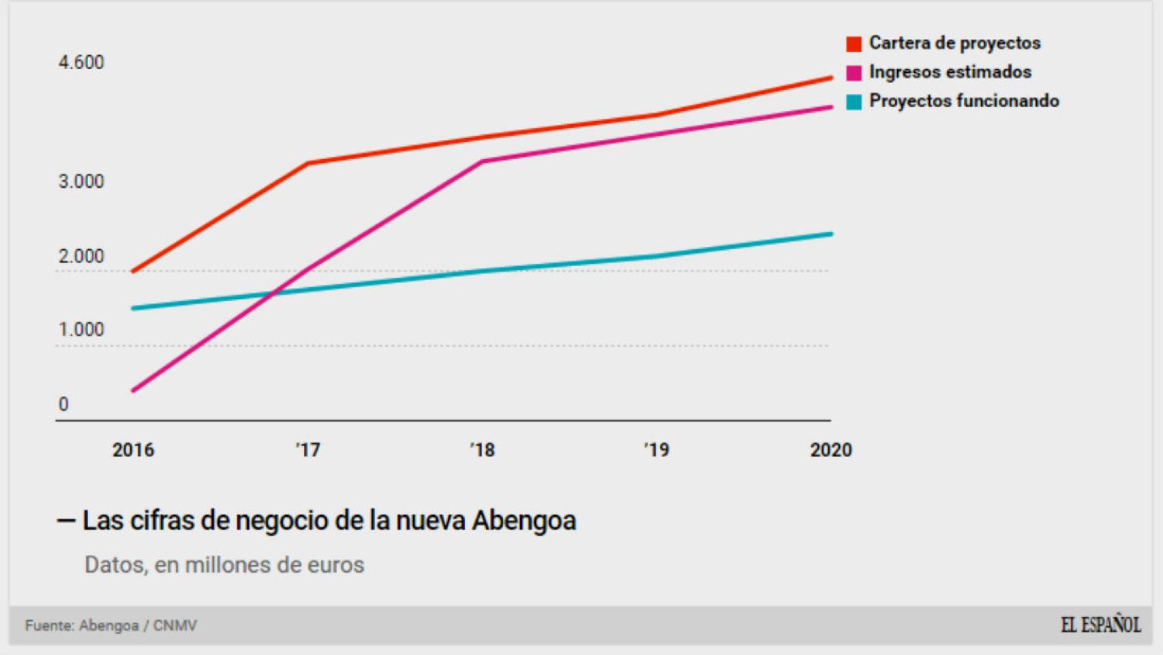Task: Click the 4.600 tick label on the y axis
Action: coord(81,63)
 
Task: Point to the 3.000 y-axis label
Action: coord(81,181)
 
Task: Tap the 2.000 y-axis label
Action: coord(81,257)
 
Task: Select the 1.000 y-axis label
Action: coord(81,330)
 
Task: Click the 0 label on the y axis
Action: coord(63,405)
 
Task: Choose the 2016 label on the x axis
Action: coord(133,450)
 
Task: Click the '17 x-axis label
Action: coord(307,450)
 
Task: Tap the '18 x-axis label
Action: coord(482,450)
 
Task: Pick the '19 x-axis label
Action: coord(656,450)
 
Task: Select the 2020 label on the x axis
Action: coord(830,450)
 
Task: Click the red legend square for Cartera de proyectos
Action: coord(854,44)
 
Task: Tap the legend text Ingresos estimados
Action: coord(950,72)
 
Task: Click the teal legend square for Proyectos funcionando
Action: coord(854,102)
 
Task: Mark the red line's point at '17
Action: coord(308,163)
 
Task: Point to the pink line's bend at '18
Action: coord(483,162)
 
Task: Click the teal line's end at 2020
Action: coord(830,234)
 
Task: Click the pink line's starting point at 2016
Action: coord(134,390)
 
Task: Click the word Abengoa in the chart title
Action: coord(524,521)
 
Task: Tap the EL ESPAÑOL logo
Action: coord(1100,625)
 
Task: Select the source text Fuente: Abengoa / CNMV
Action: coord(110,626)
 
